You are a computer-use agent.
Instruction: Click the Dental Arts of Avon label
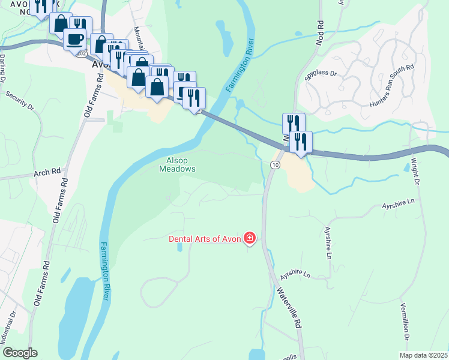[x=204, y=239]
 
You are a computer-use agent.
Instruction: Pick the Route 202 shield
[x=82, y=53]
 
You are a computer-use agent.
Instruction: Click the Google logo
[x=19, y=353]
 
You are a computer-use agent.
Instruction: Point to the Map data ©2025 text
[x=424, y=355]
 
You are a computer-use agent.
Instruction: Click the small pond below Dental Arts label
[x=179, y=247]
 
